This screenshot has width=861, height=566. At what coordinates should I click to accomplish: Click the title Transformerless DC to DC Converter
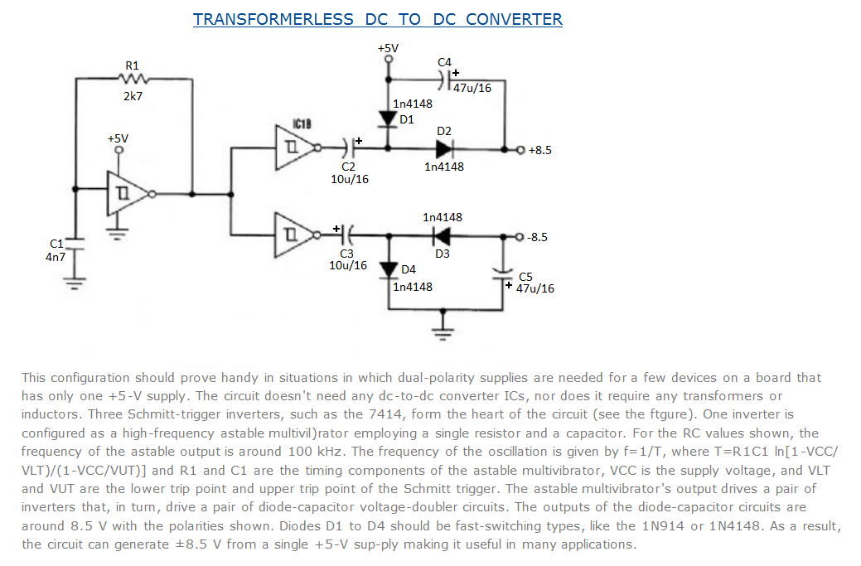(x=377, y=19)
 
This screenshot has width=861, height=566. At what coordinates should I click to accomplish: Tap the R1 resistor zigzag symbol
(x=133, y=80)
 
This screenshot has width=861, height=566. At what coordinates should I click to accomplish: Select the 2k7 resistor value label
(x=133, y=96)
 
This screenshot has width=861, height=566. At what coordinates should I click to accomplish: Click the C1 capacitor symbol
(x=76, y=246)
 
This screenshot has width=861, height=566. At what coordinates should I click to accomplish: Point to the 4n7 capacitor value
(x=57, y=257)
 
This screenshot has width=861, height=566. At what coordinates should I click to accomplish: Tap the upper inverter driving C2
(x=296, y=148)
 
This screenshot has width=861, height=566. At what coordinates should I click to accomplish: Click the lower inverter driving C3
(x=296, y=236)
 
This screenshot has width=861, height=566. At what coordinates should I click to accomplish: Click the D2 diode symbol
(x=444, y=149)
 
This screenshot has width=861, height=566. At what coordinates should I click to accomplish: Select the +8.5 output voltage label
(x=539, y=150)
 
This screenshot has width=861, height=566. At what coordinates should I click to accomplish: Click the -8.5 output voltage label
(x=538, y=237)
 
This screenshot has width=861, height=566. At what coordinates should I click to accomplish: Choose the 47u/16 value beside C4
(x=473, y=89)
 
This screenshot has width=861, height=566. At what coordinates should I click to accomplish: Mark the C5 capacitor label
(x=525, y=276)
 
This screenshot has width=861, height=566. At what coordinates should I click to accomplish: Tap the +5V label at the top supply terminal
(x=388, y=48)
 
